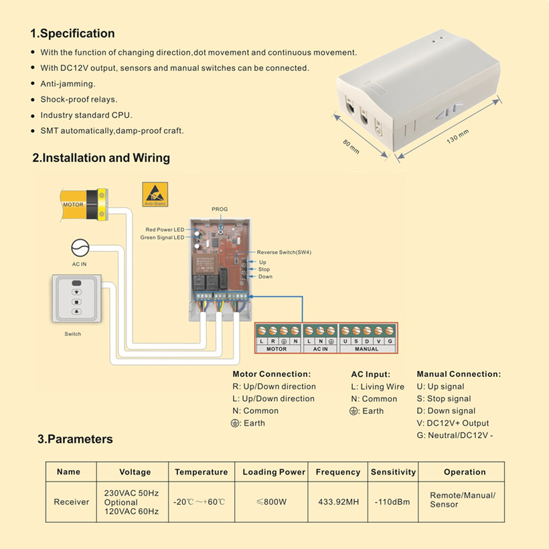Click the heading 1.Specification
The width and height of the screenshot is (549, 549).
tap(72, 33)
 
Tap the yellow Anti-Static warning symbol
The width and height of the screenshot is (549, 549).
tap(155, 193)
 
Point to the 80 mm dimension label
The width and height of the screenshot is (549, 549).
tap(351, 146)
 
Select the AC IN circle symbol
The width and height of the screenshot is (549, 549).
tap(80, 248)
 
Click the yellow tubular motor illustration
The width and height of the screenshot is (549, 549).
tap(84, 204)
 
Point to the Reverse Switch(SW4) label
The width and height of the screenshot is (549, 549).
tap(284, 252)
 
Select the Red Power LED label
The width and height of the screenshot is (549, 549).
tap(165, 230)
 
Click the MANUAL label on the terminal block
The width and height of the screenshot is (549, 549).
tap(366, 349)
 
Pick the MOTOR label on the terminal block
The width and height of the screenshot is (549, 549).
tap(277, 349)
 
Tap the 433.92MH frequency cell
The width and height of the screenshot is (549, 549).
tap(338, 501)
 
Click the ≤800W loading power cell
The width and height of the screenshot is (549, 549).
tap(273, 501)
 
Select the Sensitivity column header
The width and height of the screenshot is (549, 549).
tap(393, 472)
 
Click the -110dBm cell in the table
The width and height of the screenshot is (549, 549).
tap(392, 501)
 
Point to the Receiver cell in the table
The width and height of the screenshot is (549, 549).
tap(71, 501)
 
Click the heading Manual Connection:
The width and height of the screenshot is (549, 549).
tap(459, 374)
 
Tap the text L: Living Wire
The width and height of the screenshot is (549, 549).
tap(378, 386)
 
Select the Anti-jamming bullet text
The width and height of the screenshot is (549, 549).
tap(68, 84)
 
